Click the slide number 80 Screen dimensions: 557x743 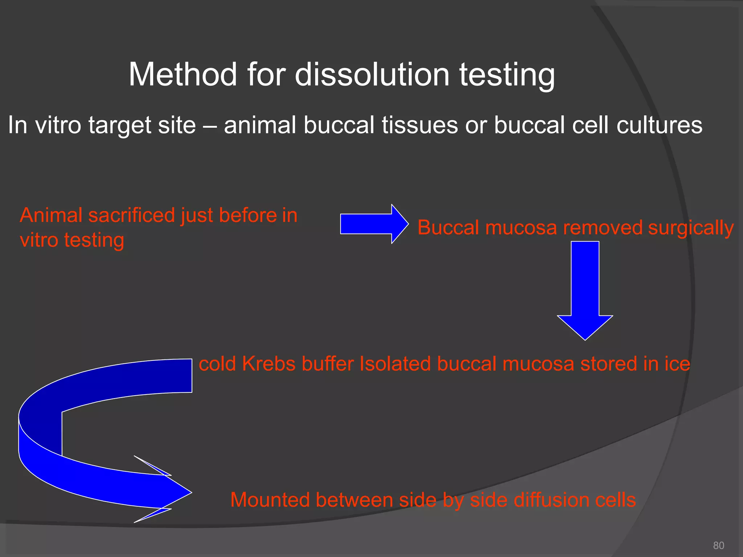tap(718, 545)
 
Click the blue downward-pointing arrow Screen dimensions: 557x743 tap(585, 290)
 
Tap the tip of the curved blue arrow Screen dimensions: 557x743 tap(190, 492)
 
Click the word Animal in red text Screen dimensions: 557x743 tap(51, 215)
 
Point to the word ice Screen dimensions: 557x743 tap(677, 364)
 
